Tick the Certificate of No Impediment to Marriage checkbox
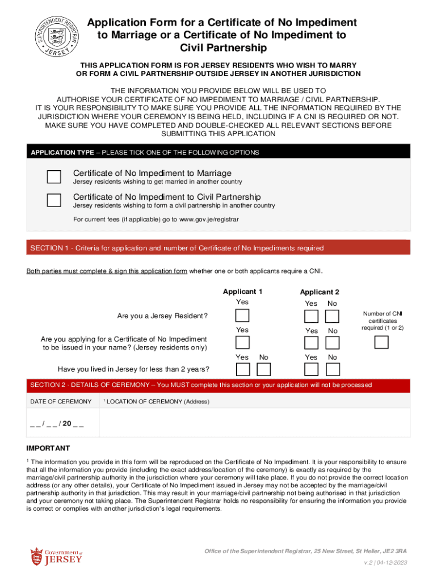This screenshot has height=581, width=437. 54,176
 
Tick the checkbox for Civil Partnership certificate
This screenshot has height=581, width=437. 54,200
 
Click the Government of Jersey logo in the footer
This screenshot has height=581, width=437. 56,556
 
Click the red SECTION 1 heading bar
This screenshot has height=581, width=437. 218,248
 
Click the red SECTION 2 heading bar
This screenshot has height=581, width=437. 218,385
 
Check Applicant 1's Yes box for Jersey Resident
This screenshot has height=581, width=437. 242,315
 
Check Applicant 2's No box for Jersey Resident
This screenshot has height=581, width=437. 333,315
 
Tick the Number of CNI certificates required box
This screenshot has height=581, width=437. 382,342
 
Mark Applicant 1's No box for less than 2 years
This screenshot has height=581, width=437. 263,369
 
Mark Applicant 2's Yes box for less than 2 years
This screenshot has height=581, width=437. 311,369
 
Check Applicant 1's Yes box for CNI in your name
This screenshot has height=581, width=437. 242,342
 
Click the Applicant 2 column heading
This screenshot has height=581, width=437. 320,292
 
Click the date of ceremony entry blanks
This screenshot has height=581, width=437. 57,423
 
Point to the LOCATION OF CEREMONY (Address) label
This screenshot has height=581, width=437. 158,402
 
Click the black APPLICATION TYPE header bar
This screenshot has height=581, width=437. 218,153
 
